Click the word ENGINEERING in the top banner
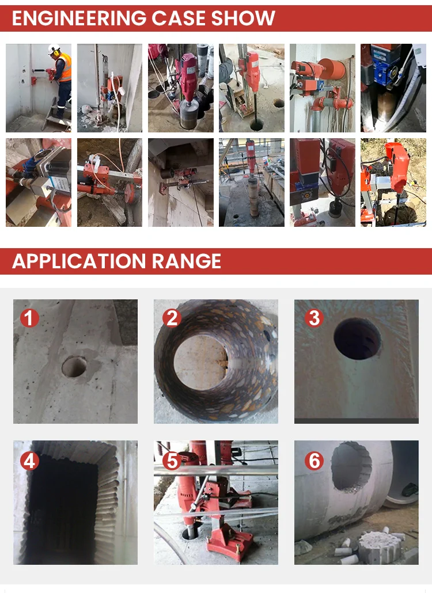(x=79, y=18)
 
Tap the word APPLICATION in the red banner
(x=79, y=261)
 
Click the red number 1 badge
(x=29, y=318)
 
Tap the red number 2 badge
(x=172, y=318)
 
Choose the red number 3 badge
(x=314, y=318)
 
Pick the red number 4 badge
(x=29, y=461)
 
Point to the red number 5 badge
(x=172, y=461)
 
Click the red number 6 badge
(x=314, y=461)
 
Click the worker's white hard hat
(x=54, y=48)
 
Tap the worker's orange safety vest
(x=65, y=67)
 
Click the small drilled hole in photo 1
(x=74, y=367)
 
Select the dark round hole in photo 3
(x=357, y=339)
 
